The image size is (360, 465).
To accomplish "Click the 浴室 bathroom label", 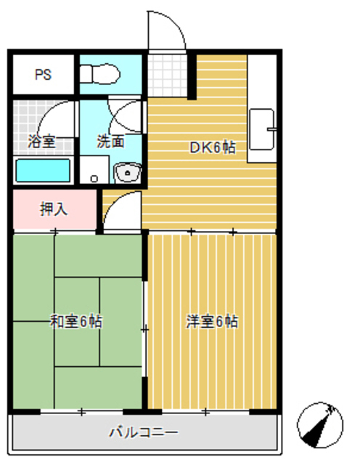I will point(41,142).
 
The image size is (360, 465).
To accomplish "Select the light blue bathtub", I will point(43,171).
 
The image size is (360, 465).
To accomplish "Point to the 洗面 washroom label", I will point(111,142).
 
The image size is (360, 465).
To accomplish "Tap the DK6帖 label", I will point(212,147).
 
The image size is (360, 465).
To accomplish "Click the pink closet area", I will point(73,209).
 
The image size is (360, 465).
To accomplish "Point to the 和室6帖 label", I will point(75,321).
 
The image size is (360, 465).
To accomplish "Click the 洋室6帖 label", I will point(211,321).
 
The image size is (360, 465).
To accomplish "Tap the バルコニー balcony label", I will point(143,433).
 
